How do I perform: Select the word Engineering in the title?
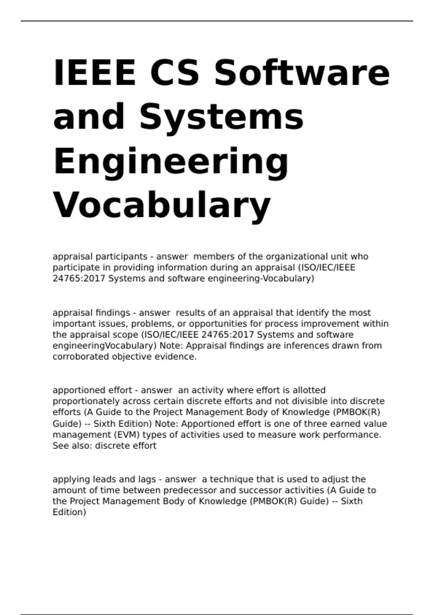[x=171, y=161]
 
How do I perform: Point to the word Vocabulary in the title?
[x=162, y=205]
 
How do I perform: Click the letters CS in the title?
[x=174, y=72]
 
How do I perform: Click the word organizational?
[x=297, y=256]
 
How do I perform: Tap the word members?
[x=214, y=256]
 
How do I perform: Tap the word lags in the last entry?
[x=146, y=479]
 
